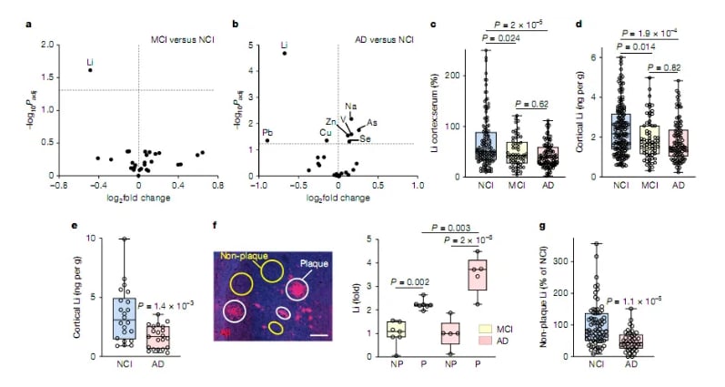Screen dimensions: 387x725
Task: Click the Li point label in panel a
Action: pyautogui.click(x=90, y=63)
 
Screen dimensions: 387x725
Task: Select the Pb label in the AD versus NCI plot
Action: pyautogui.click(x=268, y=133)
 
